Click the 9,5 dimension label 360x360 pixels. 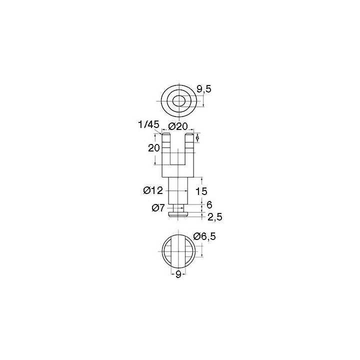(x=203, y=89)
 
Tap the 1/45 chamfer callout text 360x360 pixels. (x=148, y=125)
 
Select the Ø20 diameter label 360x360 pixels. (x=178, y=126)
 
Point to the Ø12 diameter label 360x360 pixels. (x=153, y=190)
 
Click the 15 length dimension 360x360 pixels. (x=201, y=191)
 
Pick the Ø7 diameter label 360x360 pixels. (x=158, y=208)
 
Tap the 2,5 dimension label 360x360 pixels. (x=215, y=217)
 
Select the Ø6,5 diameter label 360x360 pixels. (x=204, y=236)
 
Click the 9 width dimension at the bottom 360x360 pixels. (x=178, y=275)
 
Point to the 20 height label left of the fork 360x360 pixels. (x=153, y=148)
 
